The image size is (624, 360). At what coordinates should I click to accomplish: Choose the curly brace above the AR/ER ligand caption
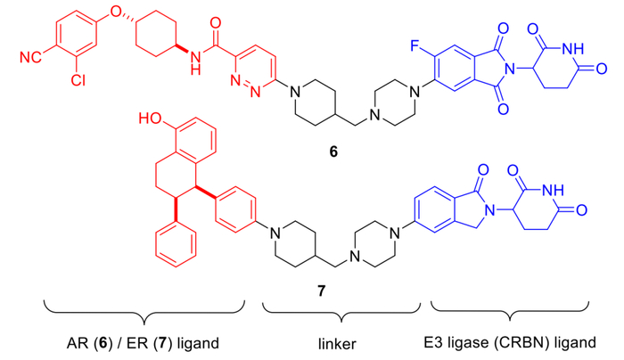point(135,313)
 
